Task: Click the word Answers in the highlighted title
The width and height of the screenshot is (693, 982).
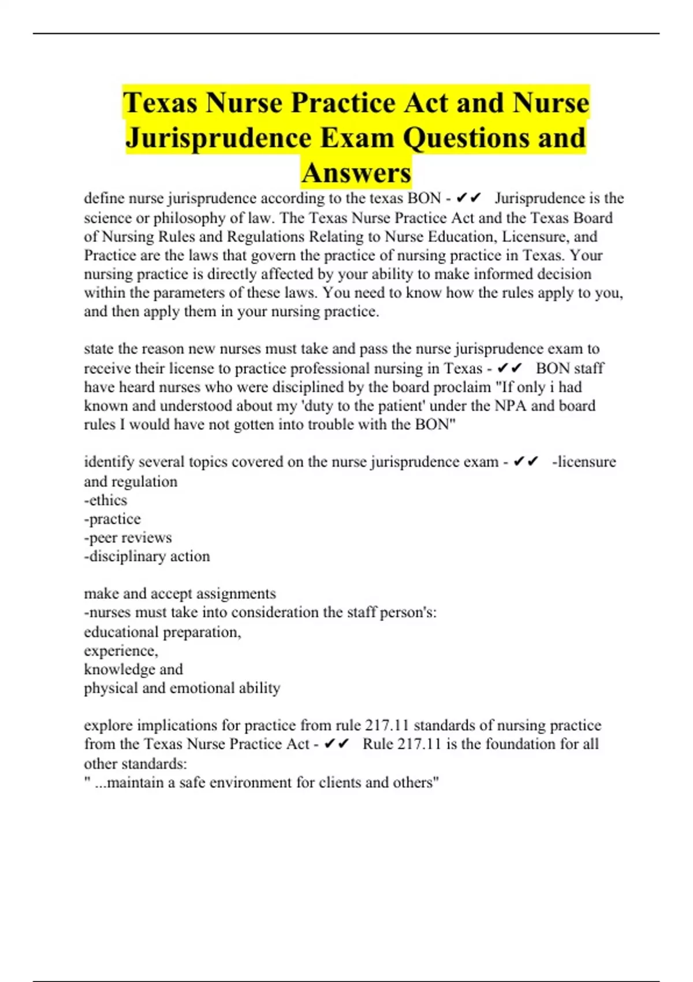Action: (356, 173)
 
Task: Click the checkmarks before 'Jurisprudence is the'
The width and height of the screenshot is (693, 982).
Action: (468, 199)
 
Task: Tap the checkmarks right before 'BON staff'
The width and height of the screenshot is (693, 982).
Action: (509, 369)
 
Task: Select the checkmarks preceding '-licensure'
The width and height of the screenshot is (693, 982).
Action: (526, 462)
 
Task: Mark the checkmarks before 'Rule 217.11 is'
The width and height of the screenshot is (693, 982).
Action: (337, 744)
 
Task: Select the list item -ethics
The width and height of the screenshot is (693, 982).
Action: (106, 500)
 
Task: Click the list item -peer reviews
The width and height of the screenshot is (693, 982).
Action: (128, 537)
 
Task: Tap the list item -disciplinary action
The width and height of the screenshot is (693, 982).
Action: (147, 556)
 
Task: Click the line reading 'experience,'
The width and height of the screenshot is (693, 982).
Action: (121, 650)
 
